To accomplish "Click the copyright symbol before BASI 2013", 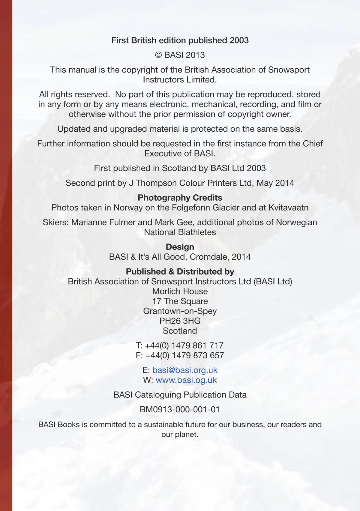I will pyautogui.click(x=159, y=55).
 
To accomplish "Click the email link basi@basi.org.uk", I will pyautogui.click(x=185, y=370).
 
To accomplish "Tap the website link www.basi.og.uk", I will pyautogui.click(x=186, y=380).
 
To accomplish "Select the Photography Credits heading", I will pyautogui.click(x=180, y=198).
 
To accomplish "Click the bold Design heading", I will pyautogui.click(x=180, y=247).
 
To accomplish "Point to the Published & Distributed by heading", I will pyautogui.click(x=180, y=271).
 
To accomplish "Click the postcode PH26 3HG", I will pyautogui.click(x=180, y=321).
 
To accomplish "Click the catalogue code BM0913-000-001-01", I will pyautogui.click(x=180, y=409).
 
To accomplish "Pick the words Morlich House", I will pyautogui.click(x=180, y=291).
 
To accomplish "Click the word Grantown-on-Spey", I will pyautogui.click(x=180, y=311).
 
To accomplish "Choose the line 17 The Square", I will pyautogui.click(x=180, y=301).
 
